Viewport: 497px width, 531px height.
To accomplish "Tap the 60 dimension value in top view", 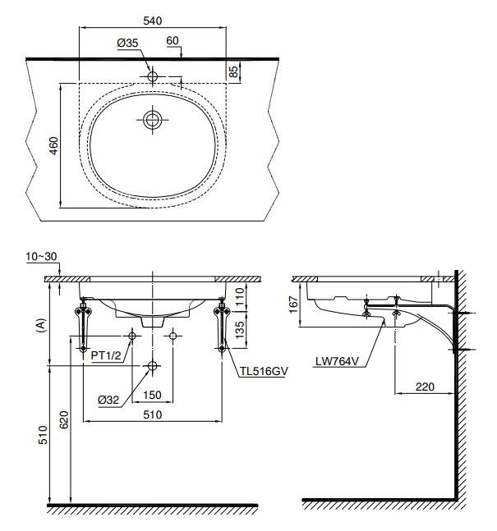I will pos(173,40).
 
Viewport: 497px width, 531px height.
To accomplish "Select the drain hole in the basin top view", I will pos(153,121).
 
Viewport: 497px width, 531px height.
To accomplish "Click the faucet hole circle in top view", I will pos(153,76).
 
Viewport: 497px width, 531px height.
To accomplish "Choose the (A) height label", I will pos(39,326).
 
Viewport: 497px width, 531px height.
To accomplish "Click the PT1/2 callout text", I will pos(104,355).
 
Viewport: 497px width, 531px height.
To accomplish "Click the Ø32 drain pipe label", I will pos(109,400).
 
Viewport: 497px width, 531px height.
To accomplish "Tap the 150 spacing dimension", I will pos(152,395).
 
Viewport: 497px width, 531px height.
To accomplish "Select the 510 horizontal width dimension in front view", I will pos(152,414).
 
